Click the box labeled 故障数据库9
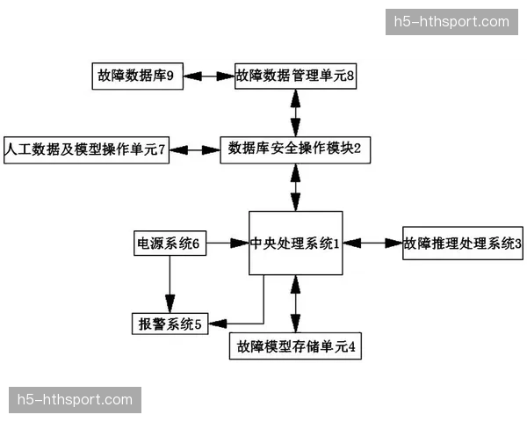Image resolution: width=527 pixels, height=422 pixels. point(135,76)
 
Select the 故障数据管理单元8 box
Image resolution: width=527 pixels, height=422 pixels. point(295,76)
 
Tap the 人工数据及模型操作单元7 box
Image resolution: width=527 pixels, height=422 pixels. point(85,150)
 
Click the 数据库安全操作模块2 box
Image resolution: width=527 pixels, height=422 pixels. point(294,149)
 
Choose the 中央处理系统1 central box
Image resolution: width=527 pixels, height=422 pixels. point(295,244)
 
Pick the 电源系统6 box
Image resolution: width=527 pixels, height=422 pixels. point(170,244)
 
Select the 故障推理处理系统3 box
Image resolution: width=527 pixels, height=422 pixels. point(462,244)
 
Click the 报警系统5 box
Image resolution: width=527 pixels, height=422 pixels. point(168,324)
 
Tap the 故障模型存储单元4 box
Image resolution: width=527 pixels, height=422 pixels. point(295,346)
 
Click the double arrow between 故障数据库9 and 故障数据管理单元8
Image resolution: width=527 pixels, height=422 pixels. point(209,76)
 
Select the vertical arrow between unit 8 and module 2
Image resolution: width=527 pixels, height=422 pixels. point(295,113)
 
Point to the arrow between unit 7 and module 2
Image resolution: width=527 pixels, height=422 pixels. point(195,150)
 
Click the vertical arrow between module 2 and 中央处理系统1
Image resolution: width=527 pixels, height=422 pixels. point(295,186)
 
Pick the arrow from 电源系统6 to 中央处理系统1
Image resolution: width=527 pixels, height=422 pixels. point(228,244)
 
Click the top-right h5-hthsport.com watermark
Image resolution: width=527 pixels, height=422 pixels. point(451,21)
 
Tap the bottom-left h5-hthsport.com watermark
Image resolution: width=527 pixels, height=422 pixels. point(76,400)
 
